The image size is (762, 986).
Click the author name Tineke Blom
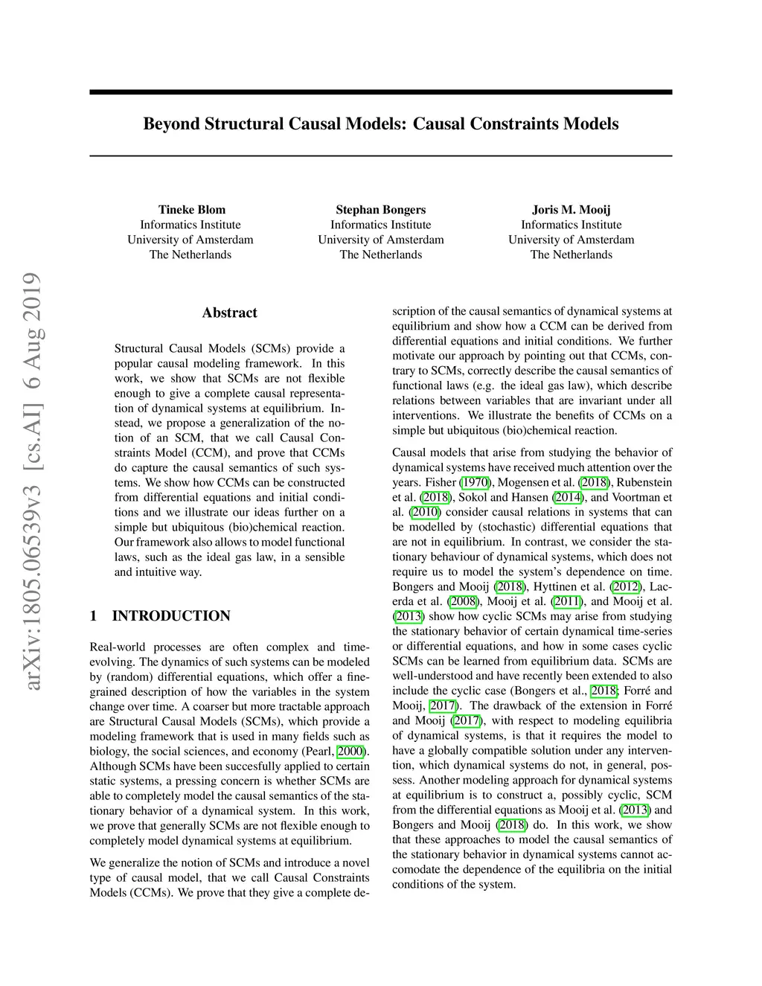(190, 209)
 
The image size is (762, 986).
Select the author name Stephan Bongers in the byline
(380, 209)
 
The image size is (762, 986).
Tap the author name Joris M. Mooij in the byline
(571, 209)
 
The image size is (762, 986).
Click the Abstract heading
(229, 313)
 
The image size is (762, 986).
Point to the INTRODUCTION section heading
(170, 615)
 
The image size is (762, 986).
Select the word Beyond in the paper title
(170, 123)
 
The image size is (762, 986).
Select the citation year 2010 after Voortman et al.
(425, 512)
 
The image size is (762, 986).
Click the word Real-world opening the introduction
(118, 647)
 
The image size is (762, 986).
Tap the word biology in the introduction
(107, 751)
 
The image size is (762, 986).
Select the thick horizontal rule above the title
(380, 92)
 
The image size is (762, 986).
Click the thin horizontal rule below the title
(380, 156)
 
